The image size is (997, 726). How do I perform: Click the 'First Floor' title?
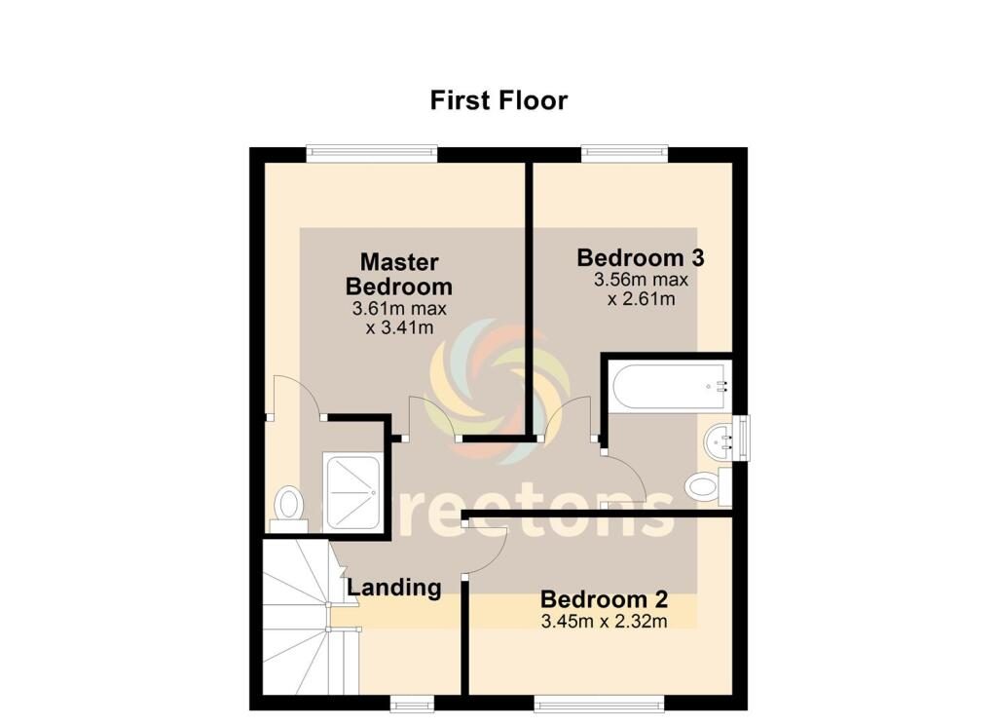pyautogui.click(x=498, y=100)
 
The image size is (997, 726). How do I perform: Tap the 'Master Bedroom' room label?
pyautogui.click(x=399, y=274)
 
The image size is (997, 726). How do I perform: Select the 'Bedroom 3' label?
pyautogui.click(x=641, y=257)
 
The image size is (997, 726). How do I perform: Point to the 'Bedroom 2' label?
pyautogui.click(x=604, y=599)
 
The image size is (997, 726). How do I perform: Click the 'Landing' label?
pyautogui.click(x=394, y=588)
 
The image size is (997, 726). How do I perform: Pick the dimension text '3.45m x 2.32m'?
pyautogui.click(x=604, y=621)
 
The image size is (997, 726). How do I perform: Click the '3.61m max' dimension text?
pyautogui.click(x=399, y=309)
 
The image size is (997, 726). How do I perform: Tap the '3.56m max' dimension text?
pyautogui.click(x=641, y=280)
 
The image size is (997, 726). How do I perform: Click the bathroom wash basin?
pyautogui.click(x=720, y=439)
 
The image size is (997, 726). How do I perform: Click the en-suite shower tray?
pyautogui.click(x=351, y=492)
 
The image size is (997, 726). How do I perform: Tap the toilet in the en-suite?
pyautogui.click(x=288, y=509)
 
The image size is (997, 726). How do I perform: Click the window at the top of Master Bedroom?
pyautogui.click(x=372, y=153)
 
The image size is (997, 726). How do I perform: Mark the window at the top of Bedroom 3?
pyautogui.click(x=625, y=153)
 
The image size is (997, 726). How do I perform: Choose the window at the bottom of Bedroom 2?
pyautogui.click(x=599, y=703)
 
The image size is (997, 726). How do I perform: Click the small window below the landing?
pyautogui.click(x=412, y=703)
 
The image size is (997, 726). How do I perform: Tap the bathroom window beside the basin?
pyautogui.click(x=741, y=438)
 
